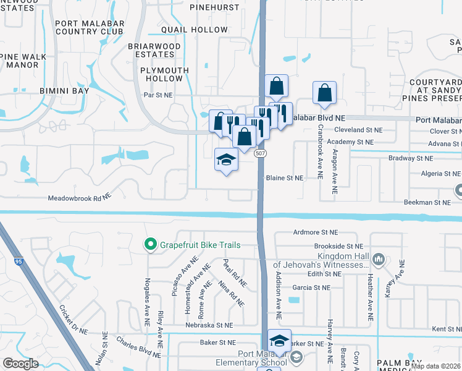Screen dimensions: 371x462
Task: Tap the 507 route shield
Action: pyautogui.click(x=261, y=153)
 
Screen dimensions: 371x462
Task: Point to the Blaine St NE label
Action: pyautogui.click(x=285, y=177)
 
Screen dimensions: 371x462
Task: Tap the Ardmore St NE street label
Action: pyautogui.click(x=315, y=232)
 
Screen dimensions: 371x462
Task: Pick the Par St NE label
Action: pyautogui.click(x=158, y=95)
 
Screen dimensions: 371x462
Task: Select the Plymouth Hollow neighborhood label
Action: pyautogui.click(x=164, y=75)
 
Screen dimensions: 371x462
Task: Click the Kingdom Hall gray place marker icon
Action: pyautogui.click(x=380, y=258)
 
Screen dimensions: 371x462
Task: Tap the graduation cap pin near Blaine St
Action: pyautogui.click(x=226, y=160)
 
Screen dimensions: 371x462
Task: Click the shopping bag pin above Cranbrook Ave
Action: pyautogui.click(x=324, y=93)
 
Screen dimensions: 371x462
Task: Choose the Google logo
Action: pyautogui.click(x=20, y=364)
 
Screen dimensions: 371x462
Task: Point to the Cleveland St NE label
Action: pyautogui.click(x=358, y=130)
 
